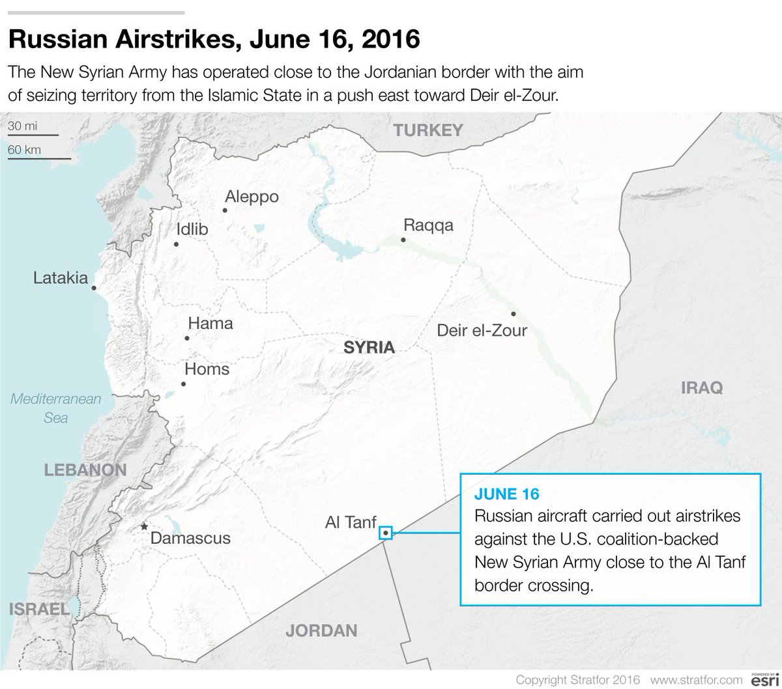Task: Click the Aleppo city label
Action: (252, 197)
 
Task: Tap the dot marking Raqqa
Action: (403, 240)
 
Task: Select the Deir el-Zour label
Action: (482, 331)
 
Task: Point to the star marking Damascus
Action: (144, 526)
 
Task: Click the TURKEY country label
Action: (427, 131)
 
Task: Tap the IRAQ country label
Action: (702, 389)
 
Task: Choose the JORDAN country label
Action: (322, 630)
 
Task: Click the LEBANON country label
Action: (85, 470)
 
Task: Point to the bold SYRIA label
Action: (369, 348)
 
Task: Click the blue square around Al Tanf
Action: (386, 533)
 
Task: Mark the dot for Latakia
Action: (94, 287)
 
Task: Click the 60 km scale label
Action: (25, 150)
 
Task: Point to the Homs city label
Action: (207, 370)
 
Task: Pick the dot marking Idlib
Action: (176, 244)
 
